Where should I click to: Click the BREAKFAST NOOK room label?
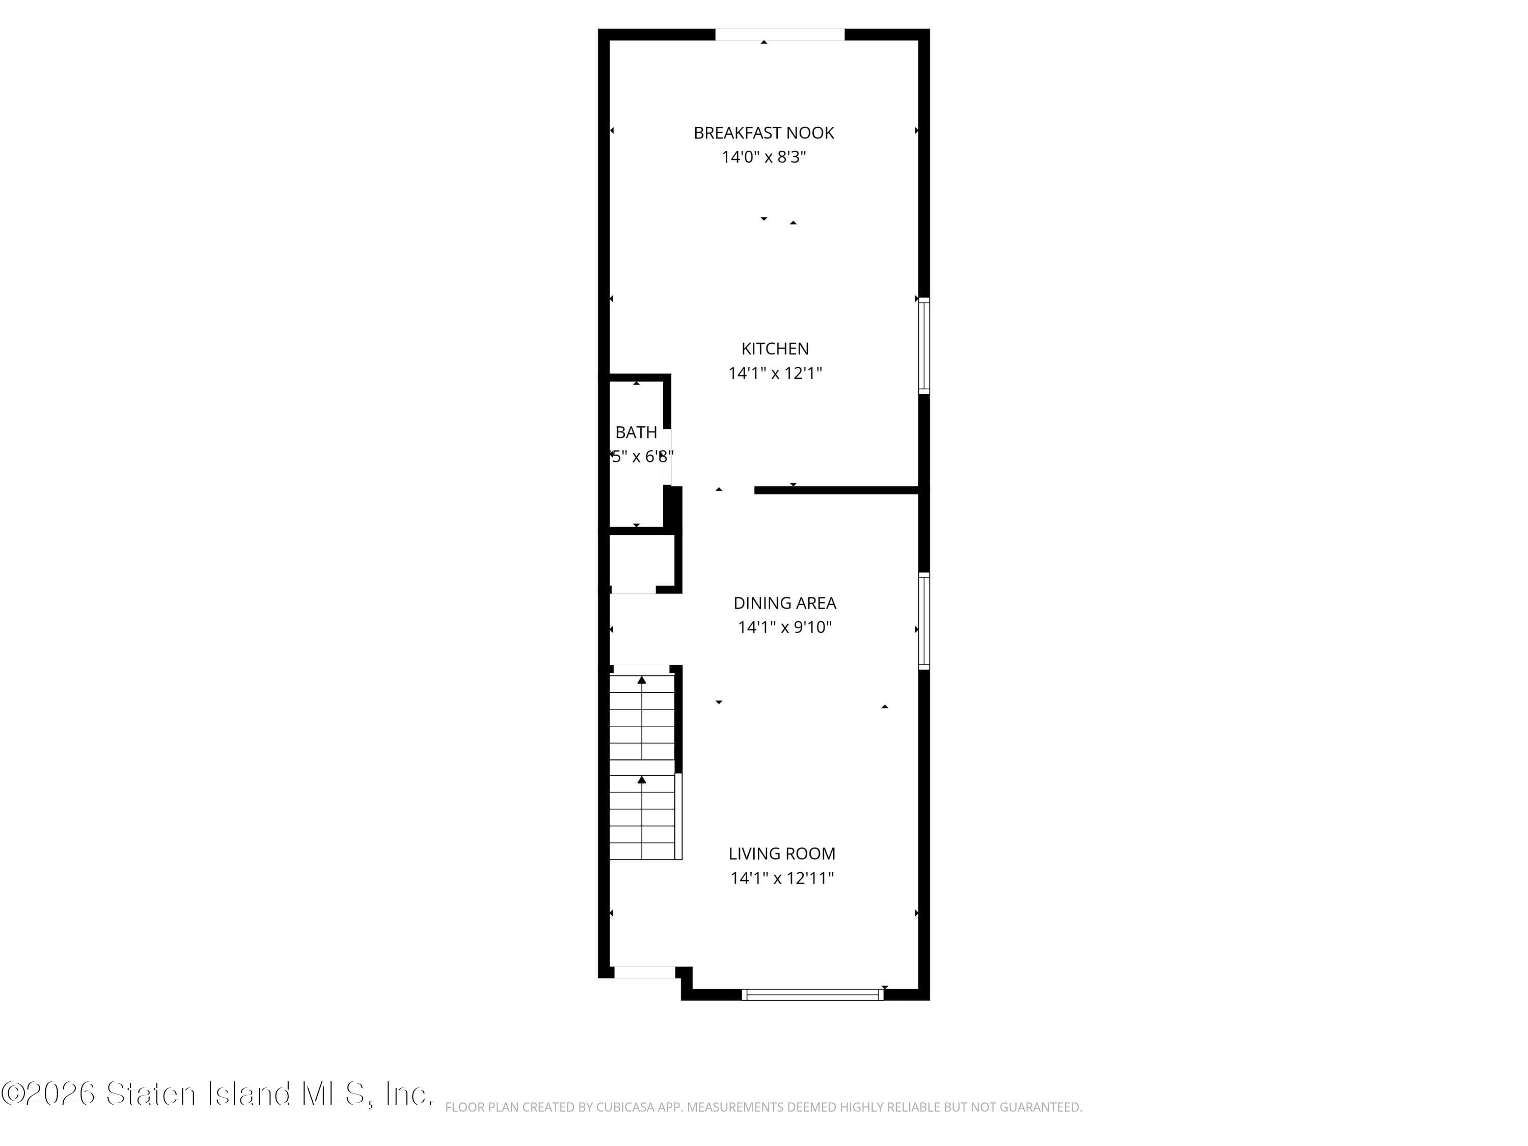tap(763, 132)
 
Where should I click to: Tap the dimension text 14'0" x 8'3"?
tap(763, 157)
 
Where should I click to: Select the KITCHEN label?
tap(774, 349)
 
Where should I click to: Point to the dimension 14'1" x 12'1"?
tap(774, 373)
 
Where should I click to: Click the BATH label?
tap(636, 432)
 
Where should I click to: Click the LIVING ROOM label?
tap(781, 854)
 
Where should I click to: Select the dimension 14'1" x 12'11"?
tap(781, 878)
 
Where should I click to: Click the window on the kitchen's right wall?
tap(923, 345)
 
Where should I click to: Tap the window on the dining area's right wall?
tap(923, 620)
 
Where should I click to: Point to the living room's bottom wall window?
tap(812, 995)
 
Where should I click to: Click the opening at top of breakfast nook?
tap(779, 35)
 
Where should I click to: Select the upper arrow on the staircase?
tap(642, 680)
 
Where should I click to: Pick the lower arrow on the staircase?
tap(642, 780)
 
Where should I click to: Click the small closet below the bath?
tap(641, 563)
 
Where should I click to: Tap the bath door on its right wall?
tap(667, 456)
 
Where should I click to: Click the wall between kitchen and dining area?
tap(836, 490)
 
